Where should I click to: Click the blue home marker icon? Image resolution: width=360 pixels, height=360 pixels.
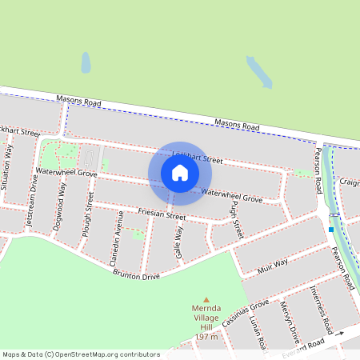tap(180, 173)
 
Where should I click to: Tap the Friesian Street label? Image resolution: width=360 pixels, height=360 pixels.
tap(162, 215)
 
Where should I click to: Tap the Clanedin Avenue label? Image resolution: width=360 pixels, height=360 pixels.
tap(115, 238)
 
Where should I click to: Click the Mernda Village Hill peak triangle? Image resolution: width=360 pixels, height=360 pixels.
tap(206, 298)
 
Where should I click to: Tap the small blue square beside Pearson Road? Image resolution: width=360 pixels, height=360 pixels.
tap(330, 230)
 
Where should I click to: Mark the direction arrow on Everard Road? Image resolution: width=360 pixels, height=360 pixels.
tap(339, 333)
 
